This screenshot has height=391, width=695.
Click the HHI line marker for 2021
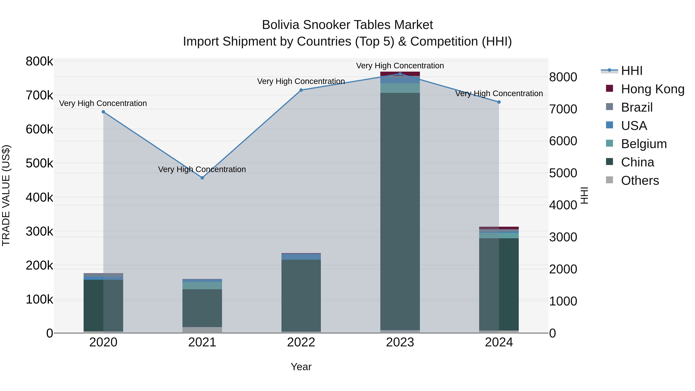[x=202, y=178]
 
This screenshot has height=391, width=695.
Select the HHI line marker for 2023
[x=400, y=74]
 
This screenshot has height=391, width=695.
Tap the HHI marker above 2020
[x=103, y=112]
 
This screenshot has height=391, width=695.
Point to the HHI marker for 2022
[x=301, y=90]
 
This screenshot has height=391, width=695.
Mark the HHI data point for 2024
[x=499, y=102]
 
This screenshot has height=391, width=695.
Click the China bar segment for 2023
[x=400, y=210]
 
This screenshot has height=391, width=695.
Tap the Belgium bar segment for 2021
[x=202, y=286]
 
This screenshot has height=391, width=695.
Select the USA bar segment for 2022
[x=301, y=257]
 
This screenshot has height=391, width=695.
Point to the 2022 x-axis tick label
[x=301, y=342]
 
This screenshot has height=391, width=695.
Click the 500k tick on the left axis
[x=39, y=163]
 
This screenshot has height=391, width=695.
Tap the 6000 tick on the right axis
[x=563, y=141]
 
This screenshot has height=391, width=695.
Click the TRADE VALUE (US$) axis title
[x=6, y=195]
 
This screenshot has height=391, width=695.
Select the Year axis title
[x=301, y=367]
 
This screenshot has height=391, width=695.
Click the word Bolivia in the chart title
[x=281, y=25]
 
